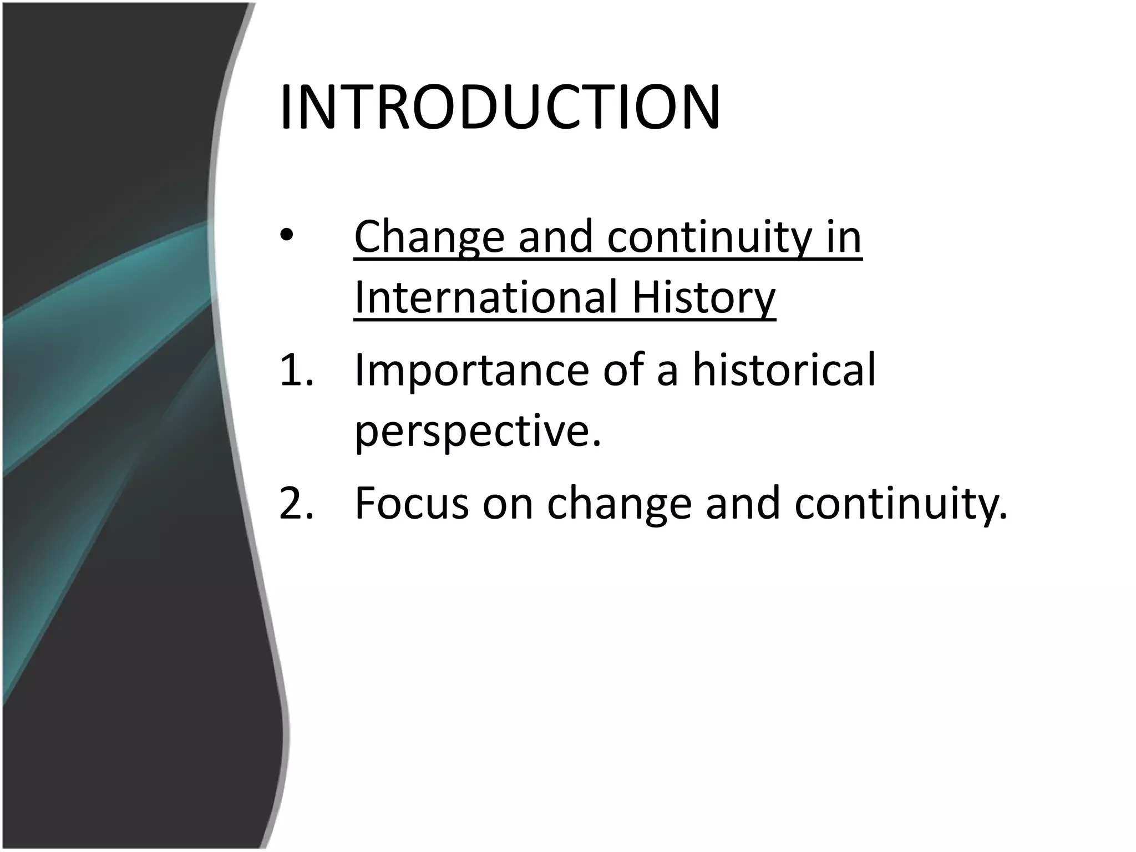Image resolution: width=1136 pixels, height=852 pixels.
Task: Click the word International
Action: coord(485,298)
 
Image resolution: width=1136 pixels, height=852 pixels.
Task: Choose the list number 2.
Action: coord(296,503)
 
